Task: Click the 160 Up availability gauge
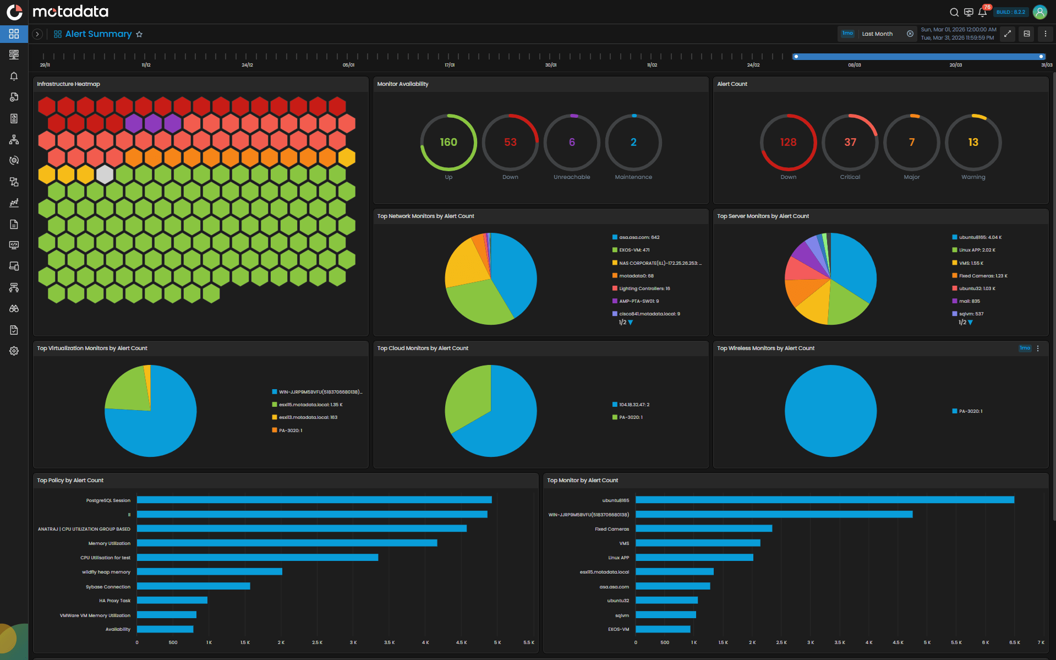click(448, 143)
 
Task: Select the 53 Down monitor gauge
click(510, 143)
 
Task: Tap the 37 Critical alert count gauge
click(850, 143)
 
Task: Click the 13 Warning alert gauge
click(973, 143)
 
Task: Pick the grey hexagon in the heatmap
click(105, 175)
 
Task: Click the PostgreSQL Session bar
click(314, 500)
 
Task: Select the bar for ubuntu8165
click(824, 500)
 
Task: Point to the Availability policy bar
click(165, 629)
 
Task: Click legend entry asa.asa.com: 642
click(639, 237)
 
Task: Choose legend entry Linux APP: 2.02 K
click(977, 250)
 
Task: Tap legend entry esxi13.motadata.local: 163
click(308, 417)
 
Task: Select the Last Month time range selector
click(877, 34)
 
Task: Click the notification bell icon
click(982, 12)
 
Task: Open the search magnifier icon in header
click(954, 12)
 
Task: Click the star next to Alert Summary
click(139, 34)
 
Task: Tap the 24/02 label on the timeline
click(753, 65)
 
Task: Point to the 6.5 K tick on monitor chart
click(1014, 642)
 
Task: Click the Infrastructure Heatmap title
click(68, 84)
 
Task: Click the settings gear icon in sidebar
click(14, 351)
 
